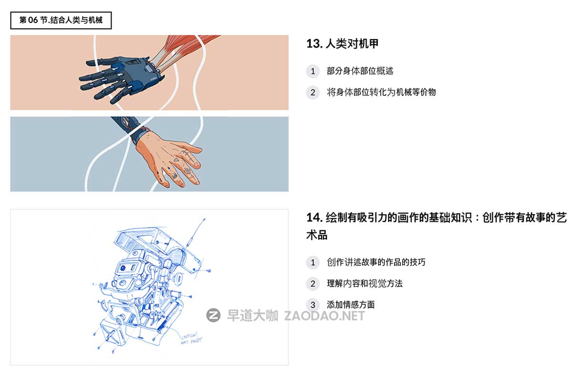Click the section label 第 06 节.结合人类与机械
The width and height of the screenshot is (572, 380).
pyautogui.click(x=61, y=20)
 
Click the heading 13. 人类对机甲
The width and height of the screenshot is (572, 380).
pyautogui.click(x=342, y=44)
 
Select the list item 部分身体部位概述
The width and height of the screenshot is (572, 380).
pyautogui.click(x=360, y=71)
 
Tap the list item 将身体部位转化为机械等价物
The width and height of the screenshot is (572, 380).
pyautogui.click(x=381, y=92)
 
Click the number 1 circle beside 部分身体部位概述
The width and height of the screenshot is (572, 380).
pyautogui.click(x=313, y=71)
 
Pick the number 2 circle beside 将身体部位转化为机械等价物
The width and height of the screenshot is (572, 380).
pyautogui.click(x=313, y=92)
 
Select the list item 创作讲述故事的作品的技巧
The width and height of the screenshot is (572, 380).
pyautogui.click(x=376, y=262)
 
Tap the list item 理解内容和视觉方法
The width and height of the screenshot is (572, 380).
pyautogui.click(x=365, y=284)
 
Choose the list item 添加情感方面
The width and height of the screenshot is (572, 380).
pyautogui.click(x=351, y=305)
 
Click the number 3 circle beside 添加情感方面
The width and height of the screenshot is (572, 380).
pyautogui.click(x=313, y=305)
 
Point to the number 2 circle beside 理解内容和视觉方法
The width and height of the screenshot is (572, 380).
pyautogui.click(x=313, y=284)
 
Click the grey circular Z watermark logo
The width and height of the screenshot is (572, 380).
pyautogui.click(x=213, y=315)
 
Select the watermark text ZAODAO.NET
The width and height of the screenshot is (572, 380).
pyautogui.click(x=324, y=316)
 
